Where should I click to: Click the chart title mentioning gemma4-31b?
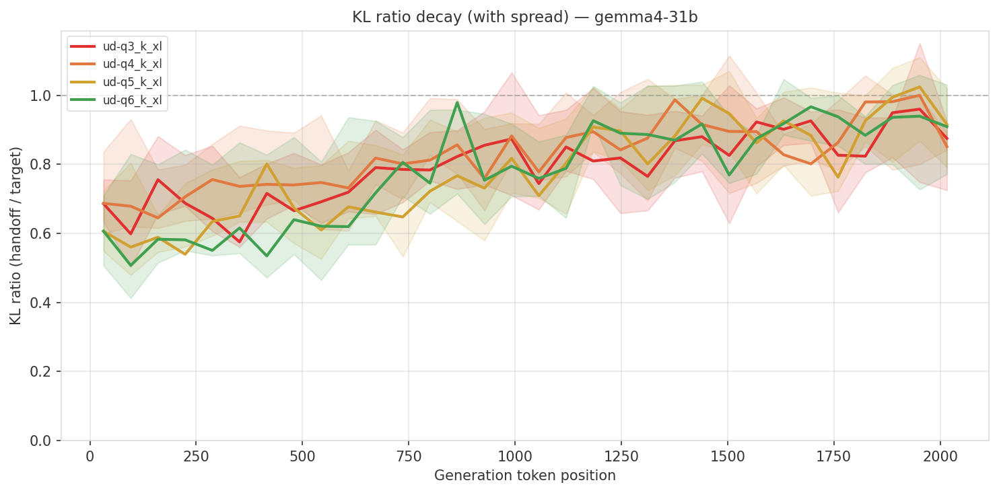pyautogui.click(x=524, y=17)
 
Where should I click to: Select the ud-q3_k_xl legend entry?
pyautogui.click(x=132, y=46)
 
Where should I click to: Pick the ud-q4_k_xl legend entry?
pyautogui.click(x=132, y=65)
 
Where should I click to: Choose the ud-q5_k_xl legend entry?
pyautogui.click(x=132, y=82)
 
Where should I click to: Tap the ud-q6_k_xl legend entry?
pyautogui.click(x=132, y=100)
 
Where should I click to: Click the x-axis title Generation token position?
pyautogui.click(x=524, y=476)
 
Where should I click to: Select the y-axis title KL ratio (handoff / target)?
pyautogui.click(x=16, y=235)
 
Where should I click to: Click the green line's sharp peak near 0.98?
pyautogui.click(x=457, y=102)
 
